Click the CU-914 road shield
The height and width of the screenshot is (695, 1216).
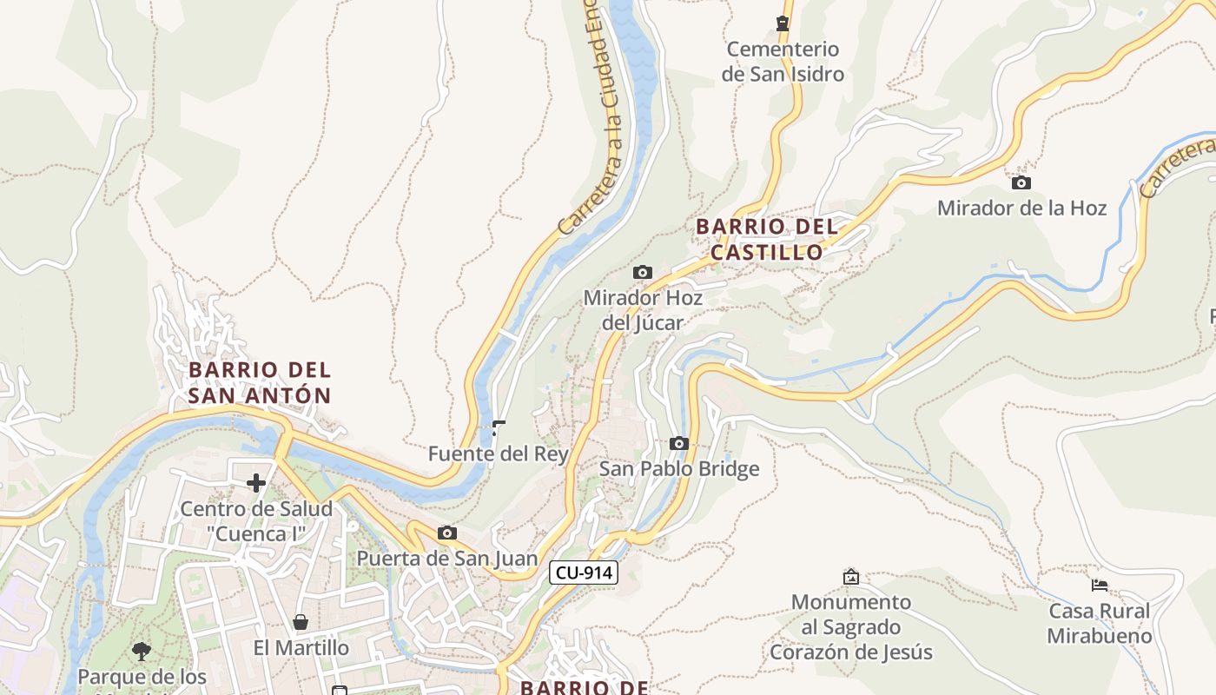point(583,573)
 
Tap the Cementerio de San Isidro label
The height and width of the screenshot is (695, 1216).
point(783,62)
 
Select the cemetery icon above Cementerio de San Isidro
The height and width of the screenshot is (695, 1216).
point(783,23)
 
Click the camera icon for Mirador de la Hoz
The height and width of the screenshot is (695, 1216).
point(1021,182)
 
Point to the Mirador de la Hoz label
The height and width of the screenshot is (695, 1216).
point(1021,208)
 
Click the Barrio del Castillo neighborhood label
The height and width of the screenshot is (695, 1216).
point(767,239)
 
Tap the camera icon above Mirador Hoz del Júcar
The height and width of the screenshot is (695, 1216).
point(643,272)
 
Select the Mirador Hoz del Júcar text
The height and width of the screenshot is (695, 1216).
point(643,310)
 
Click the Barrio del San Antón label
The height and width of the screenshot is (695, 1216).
point(260,382)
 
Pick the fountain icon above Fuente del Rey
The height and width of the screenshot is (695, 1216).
point(499,427)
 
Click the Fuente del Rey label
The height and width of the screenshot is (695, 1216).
point(499,453)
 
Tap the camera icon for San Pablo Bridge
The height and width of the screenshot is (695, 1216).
point(679,443)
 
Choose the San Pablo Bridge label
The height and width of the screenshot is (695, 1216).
point(679,469)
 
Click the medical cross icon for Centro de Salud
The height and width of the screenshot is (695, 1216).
point(256,483)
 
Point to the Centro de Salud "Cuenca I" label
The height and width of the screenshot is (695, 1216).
point(256,521)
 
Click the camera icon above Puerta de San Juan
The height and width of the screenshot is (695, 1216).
point(447,533)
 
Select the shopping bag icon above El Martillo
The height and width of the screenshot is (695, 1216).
point(301,622)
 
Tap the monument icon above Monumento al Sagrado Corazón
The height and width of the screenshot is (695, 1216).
point(851,576)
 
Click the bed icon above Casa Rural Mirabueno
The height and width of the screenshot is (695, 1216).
point(1100,585)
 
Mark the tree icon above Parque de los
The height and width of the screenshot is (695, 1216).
point(142,651)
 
